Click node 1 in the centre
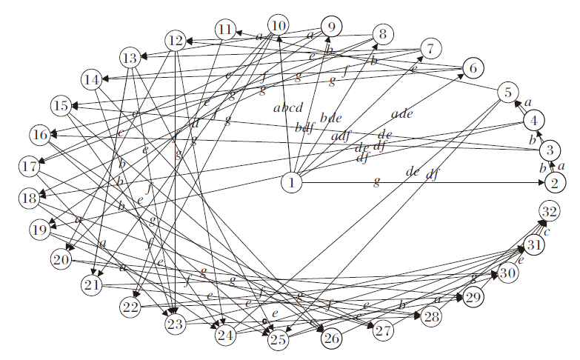click(293, 182)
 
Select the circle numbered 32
click(549, 211)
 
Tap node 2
click(556, 181)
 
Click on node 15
click(61, 105)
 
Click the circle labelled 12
click(176, 40)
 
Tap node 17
click(30, 167)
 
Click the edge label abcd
click(289, 108)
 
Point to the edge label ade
click(402, 113)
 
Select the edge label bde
click(331, 118)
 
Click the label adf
click(341, 136)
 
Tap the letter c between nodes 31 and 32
click(547, 230)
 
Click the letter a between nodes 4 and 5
click(528, 103)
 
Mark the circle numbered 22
click(130, 307)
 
